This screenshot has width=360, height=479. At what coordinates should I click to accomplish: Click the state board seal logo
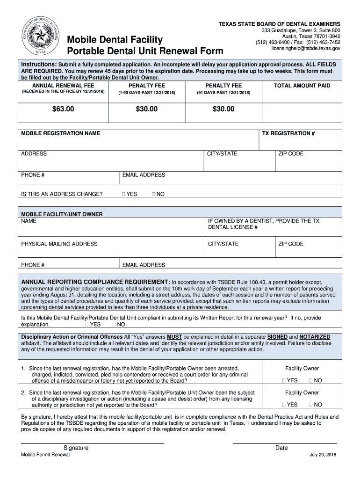click(37, 35)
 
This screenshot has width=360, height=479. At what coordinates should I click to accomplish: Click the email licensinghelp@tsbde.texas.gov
click(306, 48)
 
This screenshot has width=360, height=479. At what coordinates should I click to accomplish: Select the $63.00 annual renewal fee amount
click(63, 109)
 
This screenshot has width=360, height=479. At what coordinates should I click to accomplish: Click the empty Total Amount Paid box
click(302, 109)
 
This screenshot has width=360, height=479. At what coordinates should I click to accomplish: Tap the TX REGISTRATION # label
click(288, 133)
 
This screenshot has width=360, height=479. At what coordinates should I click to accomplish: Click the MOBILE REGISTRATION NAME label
click(60, 133)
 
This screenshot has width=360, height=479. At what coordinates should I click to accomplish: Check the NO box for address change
click(154, 194)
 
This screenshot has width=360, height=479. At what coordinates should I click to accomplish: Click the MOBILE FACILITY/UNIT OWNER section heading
click(62, 214)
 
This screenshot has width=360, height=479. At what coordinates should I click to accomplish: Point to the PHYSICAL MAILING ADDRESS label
click(59, 244)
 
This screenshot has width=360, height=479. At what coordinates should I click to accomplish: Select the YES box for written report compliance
click(87, 324)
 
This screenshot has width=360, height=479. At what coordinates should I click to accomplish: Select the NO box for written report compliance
click(114, 324)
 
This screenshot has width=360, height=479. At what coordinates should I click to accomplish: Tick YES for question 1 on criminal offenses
click(284, 380)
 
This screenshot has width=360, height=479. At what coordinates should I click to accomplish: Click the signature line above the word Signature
click(92, 442)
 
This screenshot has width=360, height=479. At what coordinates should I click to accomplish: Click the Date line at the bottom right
click(284, 442)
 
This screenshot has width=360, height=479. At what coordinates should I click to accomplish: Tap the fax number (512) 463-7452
click(323, 42)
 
